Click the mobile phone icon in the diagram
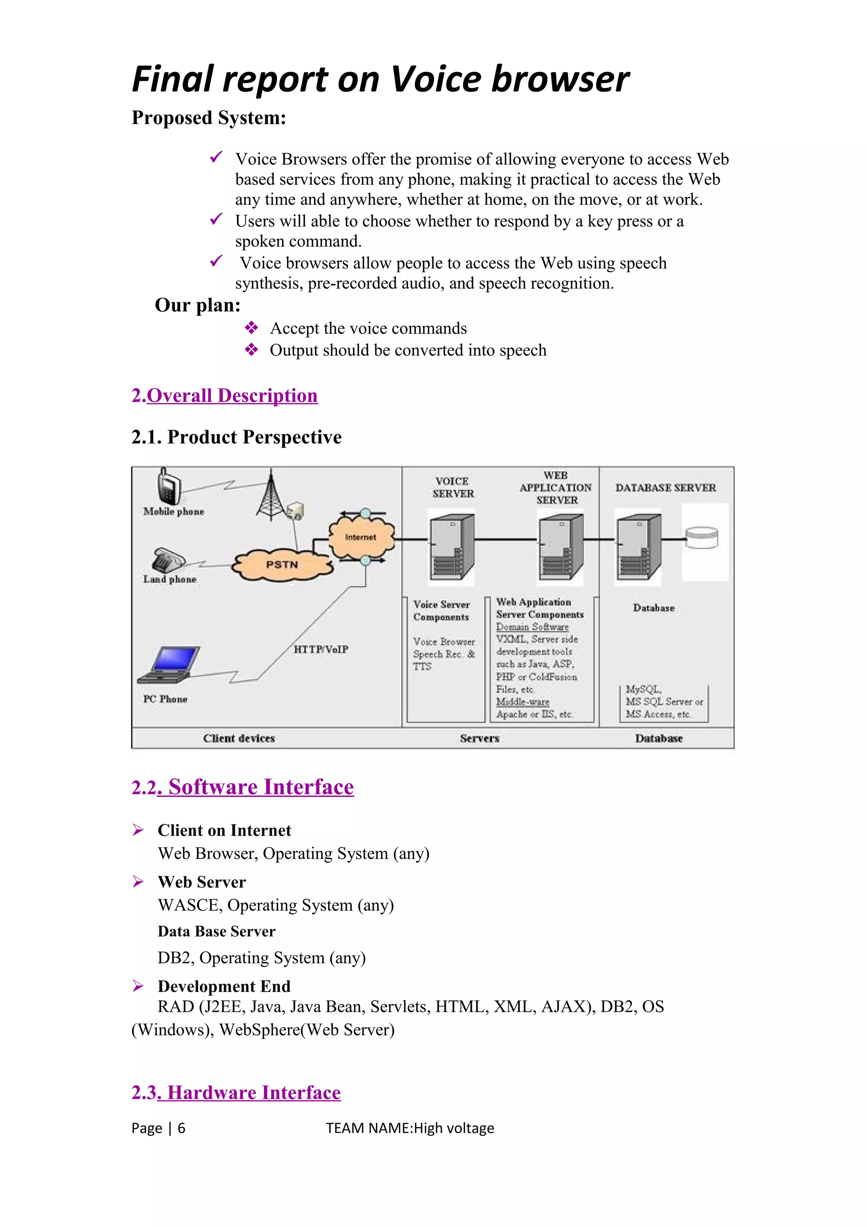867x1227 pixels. [168, 486]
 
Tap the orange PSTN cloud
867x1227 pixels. [282, 565]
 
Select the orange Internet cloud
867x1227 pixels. [361, 537]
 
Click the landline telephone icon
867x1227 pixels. [168, 560]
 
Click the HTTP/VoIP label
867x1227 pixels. [320, 649]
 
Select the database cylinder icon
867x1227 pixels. [701, 538]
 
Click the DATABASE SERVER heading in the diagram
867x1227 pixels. [665, 488]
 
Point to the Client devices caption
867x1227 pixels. [239, 738]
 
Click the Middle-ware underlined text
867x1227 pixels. [522, 702]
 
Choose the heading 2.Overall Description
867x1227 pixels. [224, 395]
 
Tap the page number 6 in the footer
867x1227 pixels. [182, 1128]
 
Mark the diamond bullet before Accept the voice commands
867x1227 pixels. [251, 328]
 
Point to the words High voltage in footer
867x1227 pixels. [453, 1128]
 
